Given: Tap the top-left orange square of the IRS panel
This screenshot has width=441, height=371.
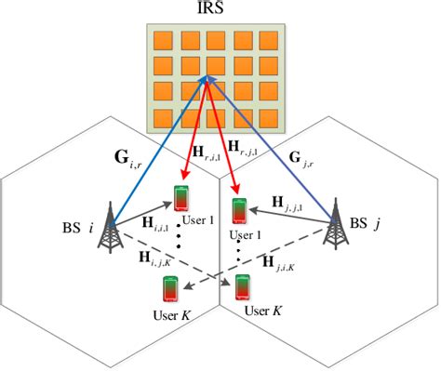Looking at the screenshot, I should pos(161,41).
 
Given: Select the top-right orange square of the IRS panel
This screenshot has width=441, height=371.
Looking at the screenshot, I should pos(269,41).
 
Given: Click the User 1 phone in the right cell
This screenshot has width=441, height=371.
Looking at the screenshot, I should pos(239,213).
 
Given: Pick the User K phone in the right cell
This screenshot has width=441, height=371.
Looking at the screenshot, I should pos(243,287).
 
